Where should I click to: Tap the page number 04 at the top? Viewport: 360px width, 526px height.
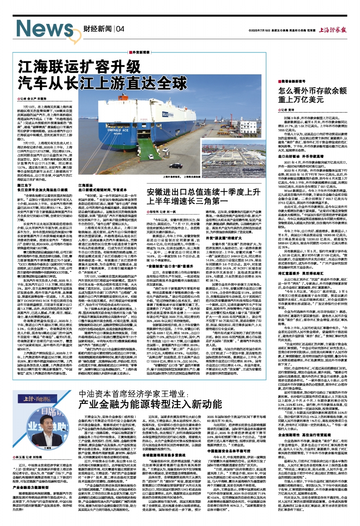[x=120, y=29]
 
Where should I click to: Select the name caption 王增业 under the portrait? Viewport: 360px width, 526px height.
[x=41, y=446]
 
